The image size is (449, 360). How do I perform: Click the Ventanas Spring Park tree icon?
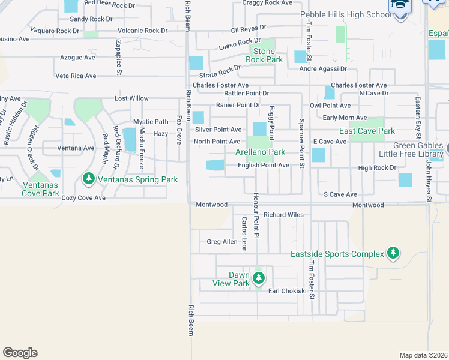89,179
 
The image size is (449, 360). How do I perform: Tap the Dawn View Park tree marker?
259,278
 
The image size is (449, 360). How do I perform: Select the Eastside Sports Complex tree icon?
393,254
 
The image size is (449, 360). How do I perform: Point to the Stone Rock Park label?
264,55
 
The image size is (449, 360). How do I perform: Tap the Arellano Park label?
260,152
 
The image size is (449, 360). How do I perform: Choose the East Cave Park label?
367,131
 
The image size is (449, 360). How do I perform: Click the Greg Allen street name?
221,242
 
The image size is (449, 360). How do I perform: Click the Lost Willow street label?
131,98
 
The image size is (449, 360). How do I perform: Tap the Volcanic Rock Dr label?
143,31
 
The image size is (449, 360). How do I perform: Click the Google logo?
20,353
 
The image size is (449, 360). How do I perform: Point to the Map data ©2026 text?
423,355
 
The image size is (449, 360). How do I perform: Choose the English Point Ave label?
264,165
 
